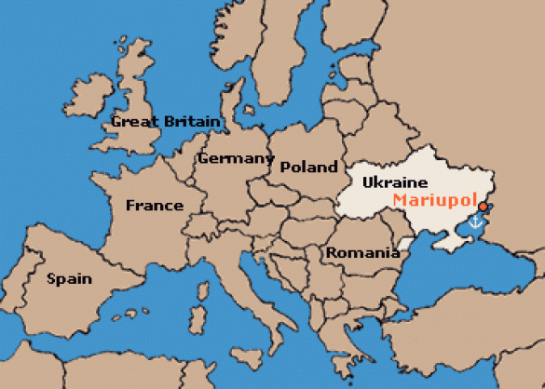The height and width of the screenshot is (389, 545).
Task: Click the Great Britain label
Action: click(x=165, y=121)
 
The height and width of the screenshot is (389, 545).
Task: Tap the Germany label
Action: click(x=234, y=158)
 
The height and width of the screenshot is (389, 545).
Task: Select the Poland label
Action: click(x=308, y=168)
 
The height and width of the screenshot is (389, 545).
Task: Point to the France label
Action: click(x=154, y=206)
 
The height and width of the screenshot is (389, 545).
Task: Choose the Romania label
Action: click(x=356, y=252)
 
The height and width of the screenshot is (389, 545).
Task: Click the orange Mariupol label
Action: click(x=433, y=199)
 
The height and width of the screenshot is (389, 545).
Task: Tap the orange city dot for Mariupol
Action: click(x=483, y=207)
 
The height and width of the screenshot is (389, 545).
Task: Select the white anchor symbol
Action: click(x=476, y=221)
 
